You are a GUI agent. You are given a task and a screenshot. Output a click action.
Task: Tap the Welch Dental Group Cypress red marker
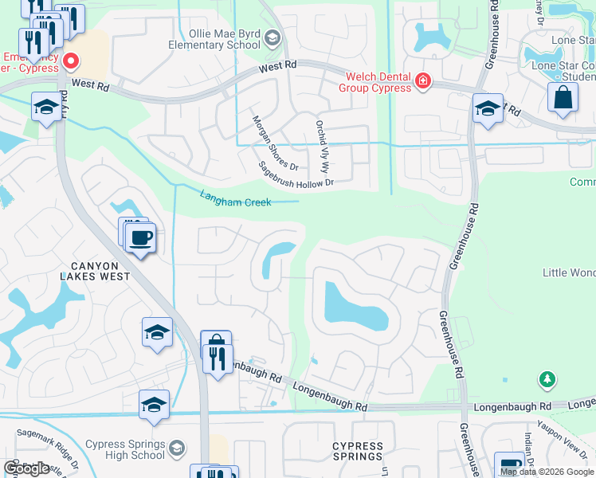422,80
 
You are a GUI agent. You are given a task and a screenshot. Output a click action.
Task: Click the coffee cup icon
140,238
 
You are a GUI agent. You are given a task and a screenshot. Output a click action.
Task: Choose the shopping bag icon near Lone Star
563,98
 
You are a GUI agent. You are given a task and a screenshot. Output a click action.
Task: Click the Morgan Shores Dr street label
274,143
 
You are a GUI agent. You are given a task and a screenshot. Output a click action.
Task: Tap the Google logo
26,468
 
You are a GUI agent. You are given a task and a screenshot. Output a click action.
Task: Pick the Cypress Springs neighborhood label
358,451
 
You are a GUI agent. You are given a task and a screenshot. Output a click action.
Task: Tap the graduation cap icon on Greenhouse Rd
487,109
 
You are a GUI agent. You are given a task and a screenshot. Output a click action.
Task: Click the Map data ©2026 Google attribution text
547,472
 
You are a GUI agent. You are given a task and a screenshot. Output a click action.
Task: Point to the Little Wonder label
569,273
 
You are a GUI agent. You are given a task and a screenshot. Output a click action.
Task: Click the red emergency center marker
71,61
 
